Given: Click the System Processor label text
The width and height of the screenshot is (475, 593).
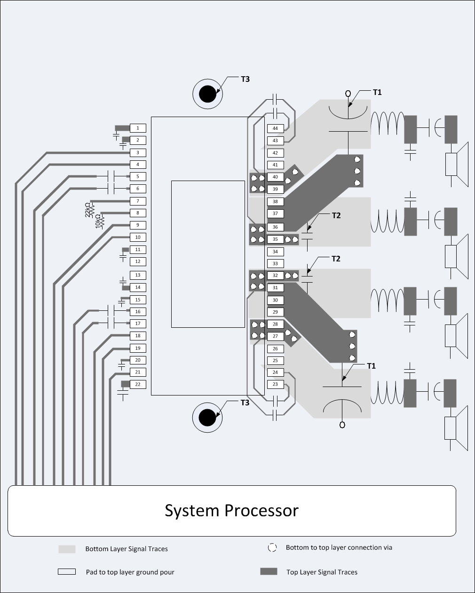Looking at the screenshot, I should pos(231,510).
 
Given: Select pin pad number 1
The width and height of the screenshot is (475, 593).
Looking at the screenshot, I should pos(138,128).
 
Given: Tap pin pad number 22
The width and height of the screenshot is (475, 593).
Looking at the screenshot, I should pos(138,384).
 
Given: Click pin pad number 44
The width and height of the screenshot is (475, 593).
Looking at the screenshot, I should pos(275,128).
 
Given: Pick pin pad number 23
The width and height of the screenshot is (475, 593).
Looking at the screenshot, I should pos(275,384).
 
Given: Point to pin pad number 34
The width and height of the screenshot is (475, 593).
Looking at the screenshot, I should pos(275,252).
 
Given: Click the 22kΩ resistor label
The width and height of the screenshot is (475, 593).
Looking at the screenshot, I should pos(88,210).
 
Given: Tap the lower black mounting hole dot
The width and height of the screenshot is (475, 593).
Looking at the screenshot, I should pos(207,417).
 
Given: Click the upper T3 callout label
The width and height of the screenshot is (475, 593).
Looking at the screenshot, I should pos(245,79).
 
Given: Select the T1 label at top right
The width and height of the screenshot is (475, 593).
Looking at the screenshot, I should pos(377,92).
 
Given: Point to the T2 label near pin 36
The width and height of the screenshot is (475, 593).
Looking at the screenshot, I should pos(336,215).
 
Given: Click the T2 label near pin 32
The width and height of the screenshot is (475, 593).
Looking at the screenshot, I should pos(336,259).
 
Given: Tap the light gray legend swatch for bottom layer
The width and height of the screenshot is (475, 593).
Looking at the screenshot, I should pos(67,549).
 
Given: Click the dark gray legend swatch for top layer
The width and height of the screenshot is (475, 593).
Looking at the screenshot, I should pos(269,571).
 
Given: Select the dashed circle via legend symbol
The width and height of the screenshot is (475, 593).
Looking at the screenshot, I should pos(272,548).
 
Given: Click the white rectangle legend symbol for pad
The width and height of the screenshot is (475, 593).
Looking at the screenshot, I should pos(67,572).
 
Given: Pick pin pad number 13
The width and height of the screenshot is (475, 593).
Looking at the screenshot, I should pos(138,275).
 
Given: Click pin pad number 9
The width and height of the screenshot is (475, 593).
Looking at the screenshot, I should pos(138,225).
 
